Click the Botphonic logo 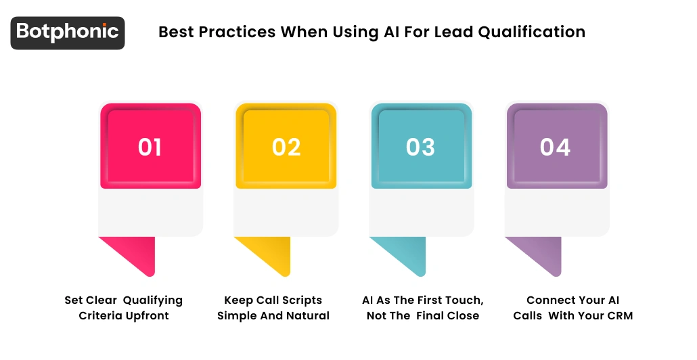click(68, 32)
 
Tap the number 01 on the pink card click(150, 147)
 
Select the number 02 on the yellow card click(286, 147)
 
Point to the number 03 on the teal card click(420, 147)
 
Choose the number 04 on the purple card click(555, 147)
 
